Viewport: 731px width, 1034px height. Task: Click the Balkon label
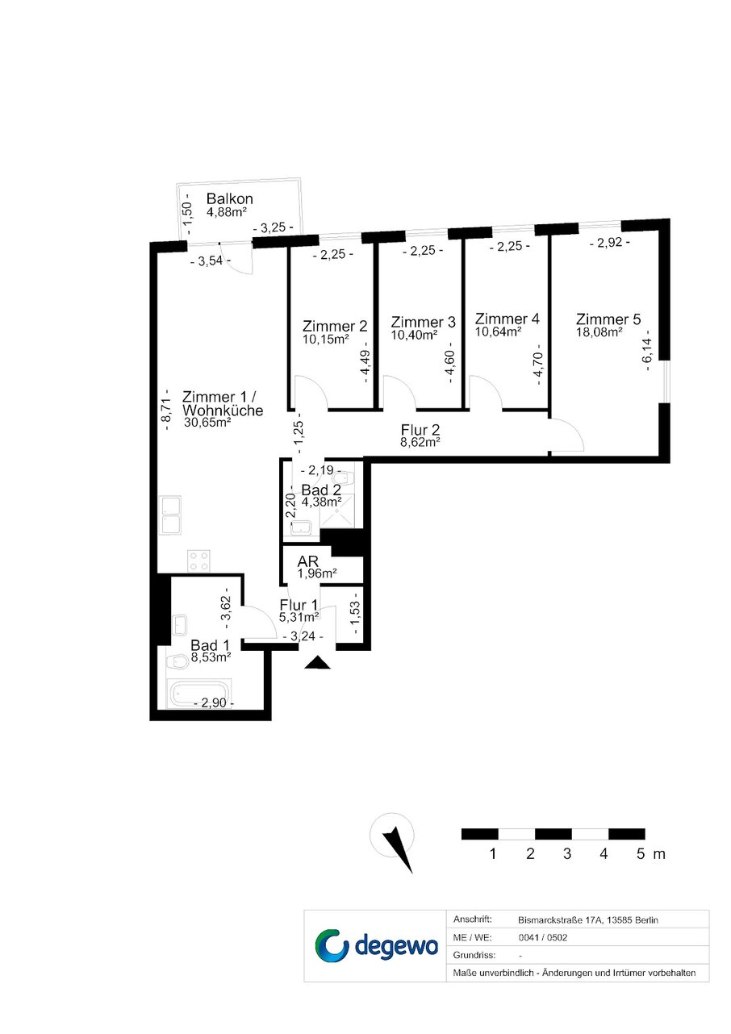(229, 198)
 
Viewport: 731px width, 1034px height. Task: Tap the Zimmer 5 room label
(608, 319)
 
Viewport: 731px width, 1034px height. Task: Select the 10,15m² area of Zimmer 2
(325, 340)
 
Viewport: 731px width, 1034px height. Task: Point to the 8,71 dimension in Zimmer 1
(165, 411)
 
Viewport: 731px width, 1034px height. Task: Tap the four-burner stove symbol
(198, 561)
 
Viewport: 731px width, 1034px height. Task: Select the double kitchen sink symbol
(170, 515)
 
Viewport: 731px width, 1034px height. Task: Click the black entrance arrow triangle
(317, 662)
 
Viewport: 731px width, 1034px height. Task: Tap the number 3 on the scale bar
(567, 853)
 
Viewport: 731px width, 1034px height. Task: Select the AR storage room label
(307, 561)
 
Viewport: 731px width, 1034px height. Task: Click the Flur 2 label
(420, 430)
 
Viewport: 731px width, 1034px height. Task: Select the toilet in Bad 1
(177, 662)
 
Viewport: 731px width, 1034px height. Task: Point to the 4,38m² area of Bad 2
(321, 501)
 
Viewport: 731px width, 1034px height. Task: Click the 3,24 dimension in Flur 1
(303, 636)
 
